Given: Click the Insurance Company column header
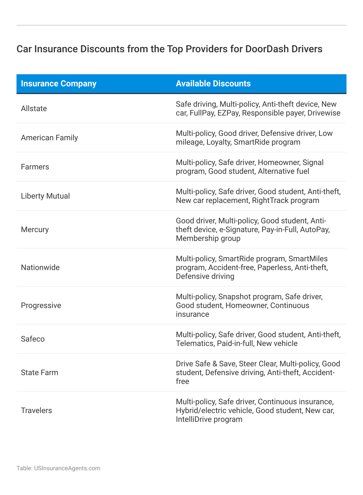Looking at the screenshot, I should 59,84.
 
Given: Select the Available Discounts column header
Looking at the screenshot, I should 213,84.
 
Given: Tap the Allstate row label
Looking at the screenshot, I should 34,109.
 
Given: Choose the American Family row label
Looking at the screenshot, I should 50,137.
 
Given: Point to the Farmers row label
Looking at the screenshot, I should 35,167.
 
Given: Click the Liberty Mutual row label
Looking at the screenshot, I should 45,196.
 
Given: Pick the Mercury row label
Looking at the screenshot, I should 35,229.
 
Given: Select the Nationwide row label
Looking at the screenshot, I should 40,267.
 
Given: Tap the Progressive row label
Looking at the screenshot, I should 41,306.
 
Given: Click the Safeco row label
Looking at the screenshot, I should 33,339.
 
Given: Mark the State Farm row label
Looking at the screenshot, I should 40,373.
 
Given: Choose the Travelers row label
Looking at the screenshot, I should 36,411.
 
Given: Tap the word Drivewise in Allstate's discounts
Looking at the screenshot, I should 324,113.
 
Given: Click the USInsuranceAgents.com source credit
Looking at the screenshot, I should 67,468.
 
